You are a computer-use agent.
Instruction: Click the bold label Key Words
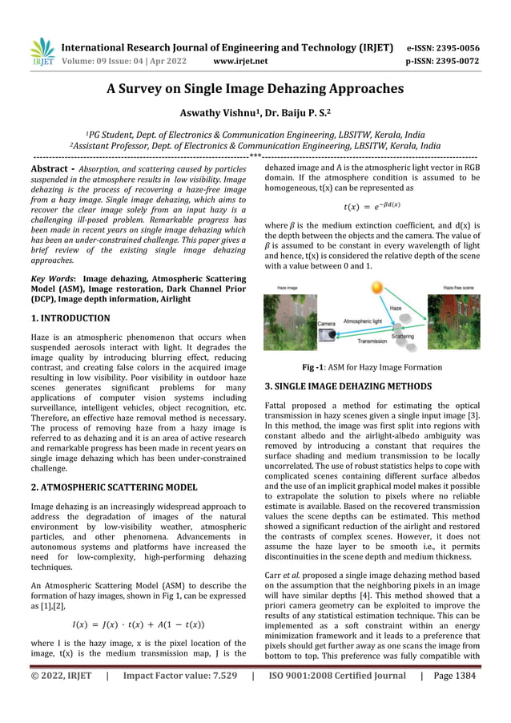pyautogui.click(x=51, y=276)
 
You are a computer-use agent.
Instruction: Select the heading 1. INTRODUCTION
pyautogui.click(x=71, y=318)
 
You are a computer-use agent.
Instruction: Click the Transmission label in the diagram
pyautogui.click(x=372, y=341)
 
